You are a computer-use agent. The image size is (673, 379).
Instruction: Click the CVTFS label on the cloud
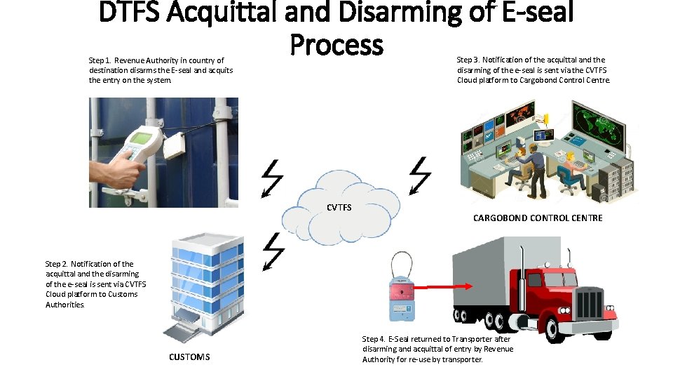[339, 207]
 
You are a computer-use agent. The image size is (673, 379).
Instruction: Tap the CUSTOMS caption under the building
[189, 357]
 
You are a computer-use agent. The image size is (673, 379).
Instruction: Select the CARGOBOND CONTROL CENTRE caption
[538, 218]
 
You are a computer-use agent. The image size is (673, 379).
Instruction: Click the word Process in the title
[336, 46]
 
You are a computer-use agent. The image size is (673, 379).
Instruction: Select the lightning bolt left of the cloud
[271, 179]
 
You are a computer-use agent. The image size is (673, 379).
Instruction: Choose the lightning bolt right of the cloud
[420, 175]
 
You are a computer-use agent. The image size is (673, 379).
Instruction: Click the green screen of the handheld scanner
[143, 138]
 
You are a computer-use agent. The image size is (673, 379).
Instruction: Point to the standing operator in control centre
[538, 168]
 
